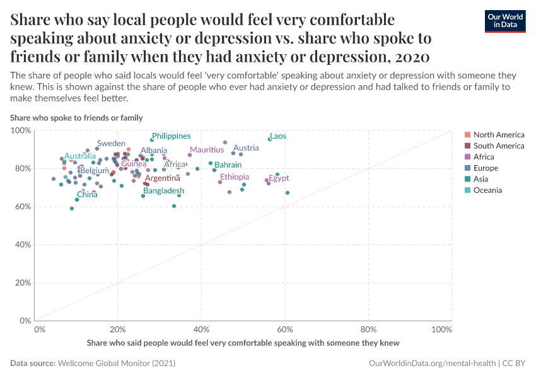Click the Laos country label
point(277,136)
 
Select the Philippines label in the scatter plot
point(171,136)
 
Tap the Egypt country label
point(279,178)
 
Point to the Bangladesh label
point(163,191)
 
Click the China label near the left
point(87,195)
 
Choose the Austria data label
point(246,148)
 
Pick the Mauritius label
point(207,150)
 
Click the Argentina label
point(163,178)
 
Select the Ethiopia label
point(235,177)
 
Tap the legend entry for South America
point(498,146)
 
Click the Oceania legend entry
point(487,190)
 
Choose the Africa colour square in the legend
point(467,157)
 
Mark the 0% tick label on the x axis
point(39,329)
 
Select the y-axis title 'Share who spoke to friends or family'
point(76,118)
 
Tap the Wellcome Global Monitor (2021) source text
point(117,364)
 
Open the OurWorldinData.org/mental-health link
point(431,364)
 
